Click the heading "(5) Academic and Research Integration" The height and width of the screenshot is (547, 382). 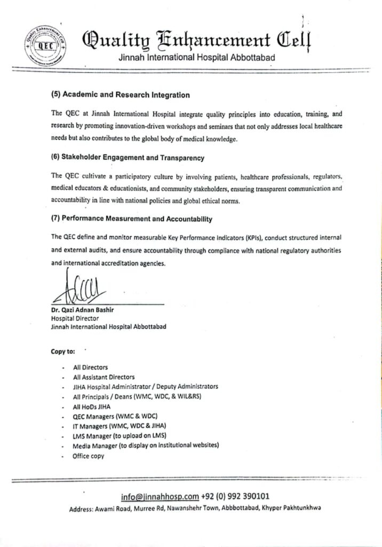tap(120, 95)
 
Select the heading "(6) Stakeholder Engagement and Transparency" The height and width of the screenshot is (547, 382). tap(128, 158)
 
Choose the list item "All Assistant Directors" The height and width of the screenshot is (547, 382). tap(104, 377)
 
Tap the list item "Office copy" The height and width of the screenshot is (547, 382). tap(89, 456)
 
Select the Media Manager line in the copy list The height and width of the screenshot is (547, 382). tap(146, 446)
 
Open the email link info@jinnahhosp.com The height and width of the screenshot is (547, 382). tap(160, 497)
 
